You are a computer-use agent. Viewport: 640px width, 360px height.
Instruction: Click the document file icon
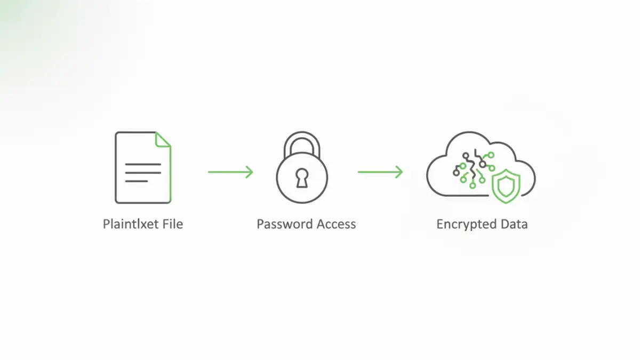pyautogui.click(x=143, y=167)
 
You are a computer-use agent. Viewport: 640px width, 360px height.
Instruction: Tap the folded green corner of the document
pyautogui.click(x=163, y=140)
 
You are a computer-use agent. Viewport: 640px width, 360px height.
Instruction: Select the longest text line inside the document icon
pyautogui.click(x=143, y=165)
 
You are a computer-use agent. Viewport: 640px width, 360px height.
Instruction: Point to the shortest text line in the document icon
pyautogui.click(x=137, y=181)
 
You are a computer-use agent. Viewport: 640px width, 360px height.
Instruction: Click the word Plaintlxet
pyautogui.click(x=130, y=224)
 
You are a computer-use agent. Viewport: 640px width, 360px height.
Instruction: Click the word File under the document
pyautogui.click(x=171, y=224)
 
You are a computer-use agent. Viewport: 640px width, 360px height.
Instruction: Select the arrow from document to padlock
pyautogui.click(x=229, y=172)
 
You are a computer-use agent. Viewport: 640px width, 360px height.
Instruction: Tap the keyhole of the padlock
pyautogui.click(x=302, y=179)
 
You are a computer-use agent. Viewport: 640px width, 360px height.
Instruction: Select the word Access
pyautogui.click(x=336, y=224)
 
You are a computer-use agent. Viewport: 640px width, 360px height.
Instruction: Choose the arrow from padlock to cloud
pyautogui.click(x=379, y=172)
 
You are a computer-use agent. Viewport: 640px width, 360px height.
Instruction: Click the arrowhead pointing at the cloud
pyautogui.click(x=399, y=172)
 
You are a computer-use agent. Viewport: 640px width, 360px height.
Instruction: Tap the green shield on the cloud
pyautogui.click(x=504, y=187)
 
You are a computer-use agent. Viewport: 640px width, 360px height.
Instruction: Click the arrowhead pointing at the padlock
pyautogui.click(x=250, y=172)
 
